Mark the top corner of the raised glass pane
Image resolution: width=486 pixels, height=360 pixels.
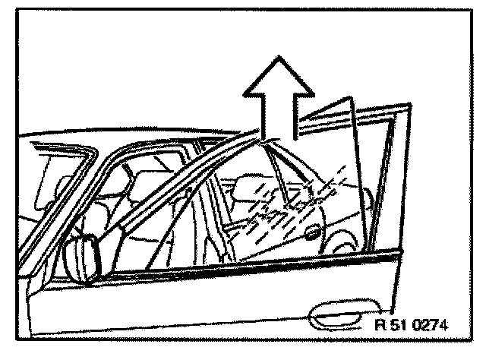pos(351,96)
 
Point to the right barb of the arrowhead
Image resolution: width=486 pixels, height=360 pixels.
pos(314,96)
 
